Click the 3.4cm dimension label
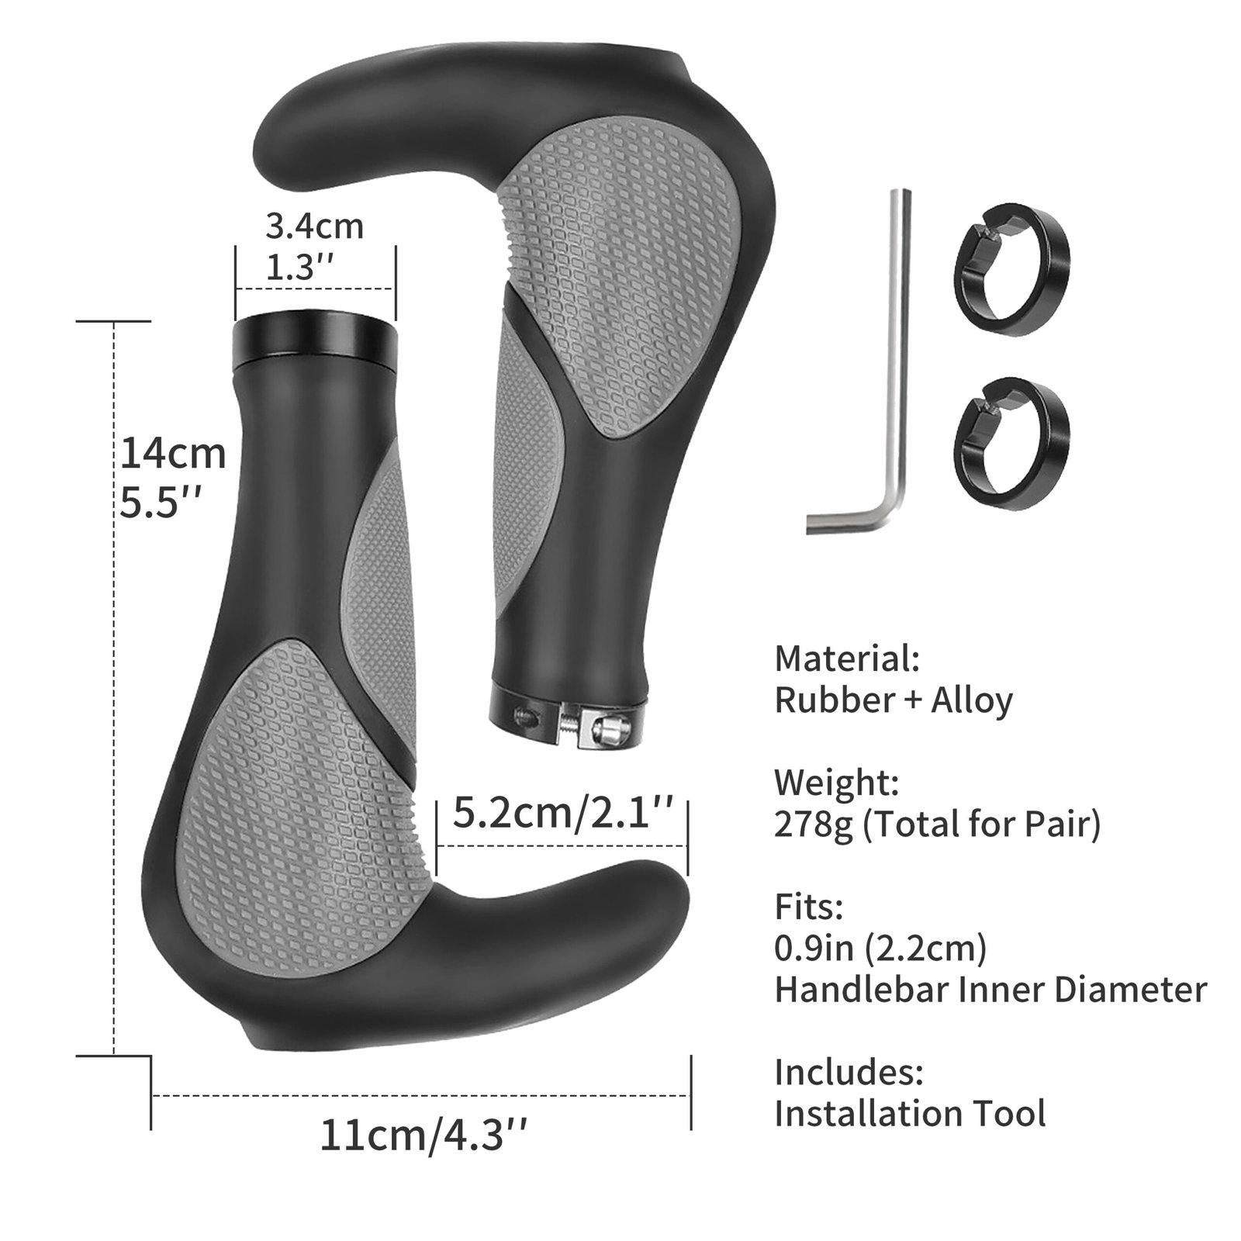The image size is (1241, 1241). pyautogui.click(x=314, y=226)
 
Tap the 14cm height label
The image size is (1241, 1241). pyautogui.click(x=172, y=454)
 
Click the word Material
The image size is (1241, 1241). pyautogui.click(x=847, y=659)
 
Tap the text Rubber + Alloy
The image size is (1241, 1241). pyautogui.click(x=894, y=700)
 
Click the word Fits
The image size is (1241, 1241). pyautogui.click(x=808, y=906)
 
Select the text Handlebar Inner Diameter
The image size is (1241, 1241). pyautogui.click(x=990, y=990)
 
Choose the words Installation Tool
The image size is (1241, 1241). pyautogui.click(x=910, y=1114)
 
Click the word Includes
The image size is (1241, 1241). pyautogui.click(x=849, y=1073)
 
